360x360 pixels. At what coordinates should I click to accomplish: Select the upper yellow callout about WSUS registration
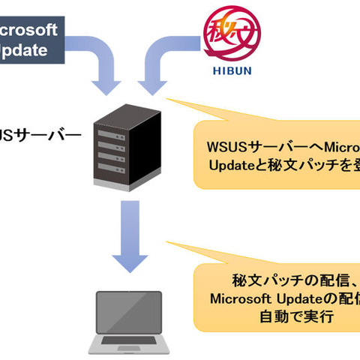point(277,154)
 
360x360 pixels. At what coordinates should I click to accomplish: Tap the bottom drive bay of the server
point(123,173)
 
